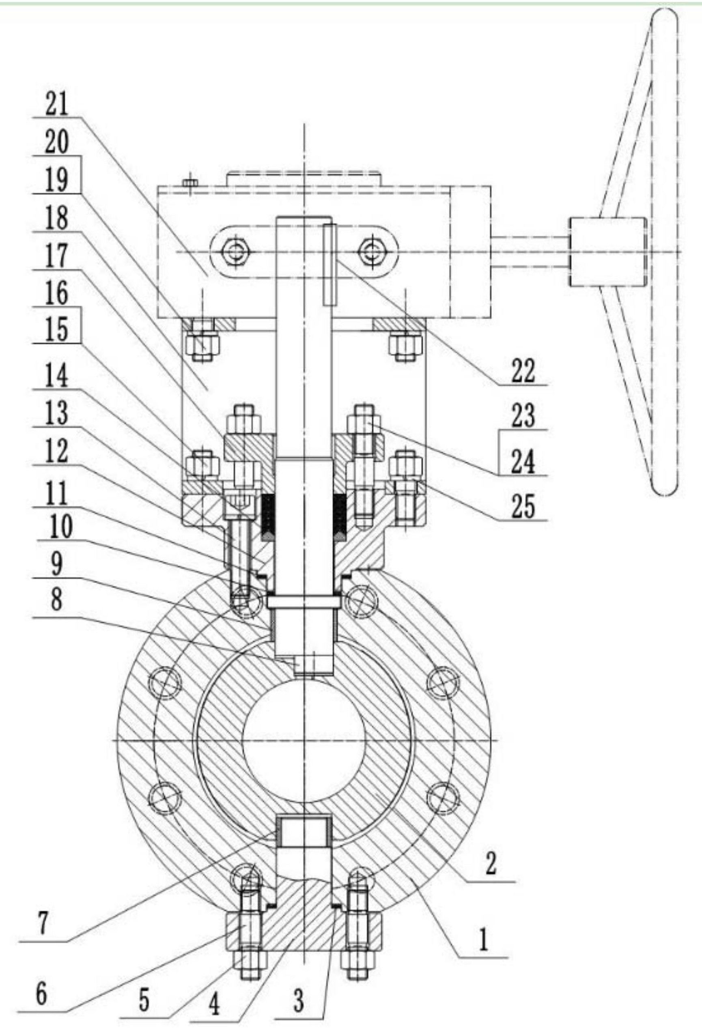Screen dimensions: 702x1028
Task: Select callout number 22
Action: pyautogui.click(x=523, y=371)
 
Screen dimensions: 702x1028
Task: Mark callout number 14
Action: pyautogui.click(x=57, y=377)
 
